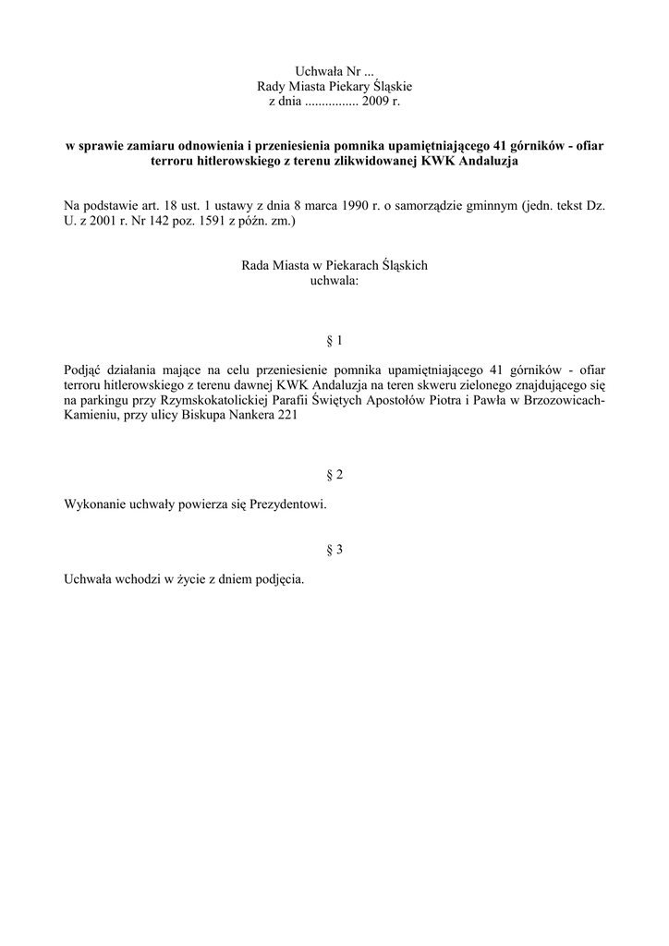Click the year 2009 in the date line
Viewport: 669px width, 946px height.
(x=375, y=101)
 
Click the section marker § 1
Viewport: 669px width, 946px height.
(x=334, y=341)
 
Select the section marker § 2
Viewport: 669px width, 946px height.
(x=334, y=475)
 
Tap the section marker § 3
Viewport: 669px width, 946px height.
(x=334, y=550)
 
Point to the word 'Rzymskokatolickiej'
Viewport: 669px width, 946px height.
(x=212, y=400)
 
